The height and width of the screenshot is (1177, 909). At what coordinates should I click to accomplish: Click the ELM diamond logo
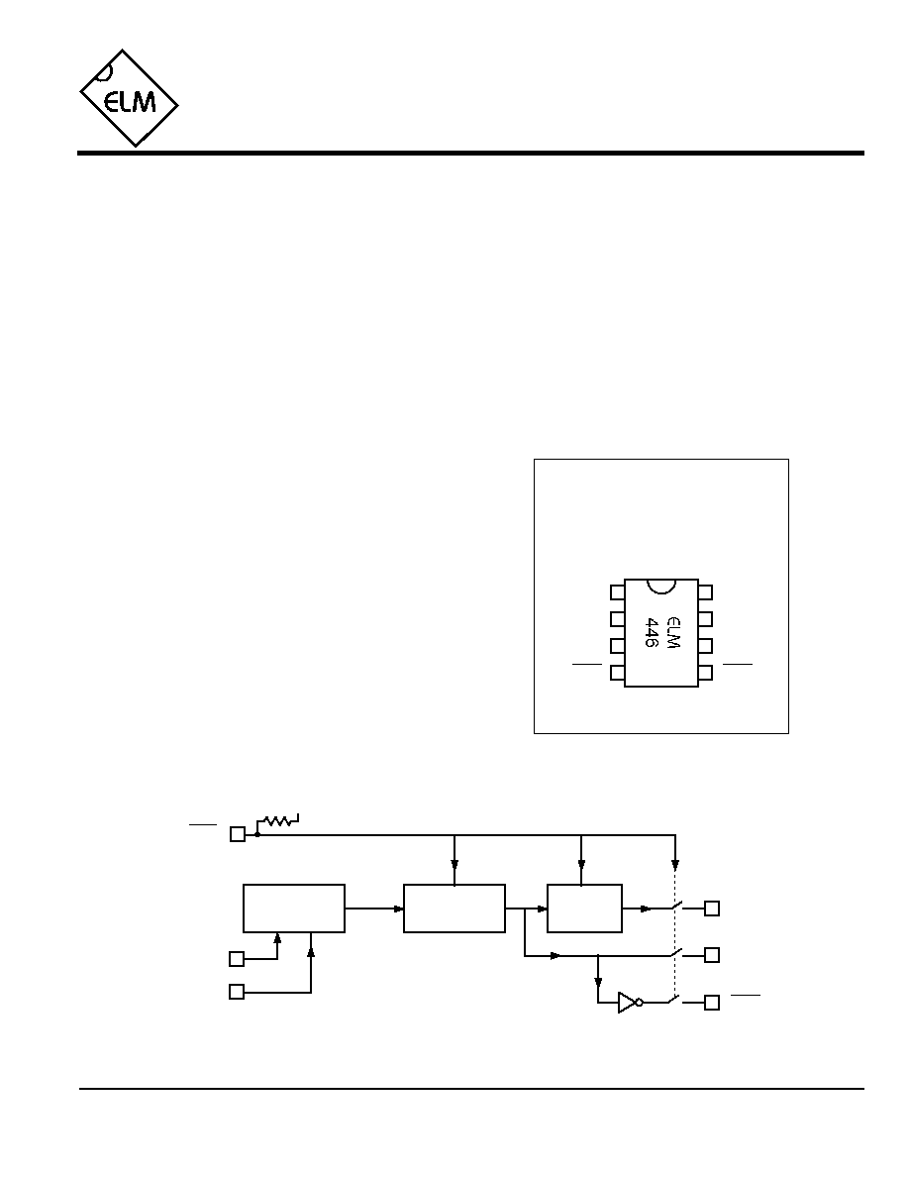point(129,98)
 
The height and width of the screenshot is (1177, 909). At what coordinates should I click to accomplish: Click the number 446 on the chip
point(651,633)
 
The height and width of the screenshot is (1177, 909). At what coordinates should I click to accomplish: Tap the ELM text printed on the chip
point(672,633)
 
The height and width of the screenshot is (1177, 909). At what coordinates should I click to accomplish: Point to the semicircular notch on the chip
point(661,588)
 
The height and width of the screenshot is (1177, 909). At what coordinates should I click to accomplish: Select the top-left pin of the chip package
point(617,592)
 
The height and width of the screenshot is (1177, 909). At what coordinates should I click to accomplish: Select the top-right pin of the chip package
point(705,592)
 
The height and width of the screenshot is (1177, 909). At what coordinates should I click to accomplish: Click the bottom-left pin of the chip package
point(617,674)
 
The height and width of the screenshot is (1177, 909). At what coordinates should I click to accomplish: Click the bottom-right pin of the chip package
point(705,674)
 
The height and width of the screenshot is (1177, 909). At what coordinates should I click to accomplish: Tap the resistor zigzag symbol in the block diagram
point(277,821)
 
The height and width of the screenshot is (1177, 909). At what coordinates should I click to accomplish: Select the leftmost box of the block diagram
point(294,909)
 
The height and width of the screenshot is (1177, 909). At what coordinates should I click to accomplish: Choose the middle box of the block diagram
point(454,909)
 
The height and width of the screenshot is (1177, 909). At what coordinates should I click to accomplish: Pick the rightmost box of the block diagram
point(584,909)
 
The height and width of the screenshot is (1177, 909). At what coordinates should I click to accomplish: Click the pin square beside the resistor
point(237,834)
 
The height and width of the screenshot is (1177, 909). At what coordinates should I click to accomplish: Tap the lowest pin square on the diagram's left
point(237,993)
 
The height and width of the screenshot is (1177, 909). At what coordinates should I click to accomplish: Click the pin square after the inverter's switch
point(712,1002)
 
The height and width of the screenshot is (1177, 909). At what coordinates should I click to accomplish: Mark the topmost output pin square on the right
point(712,909)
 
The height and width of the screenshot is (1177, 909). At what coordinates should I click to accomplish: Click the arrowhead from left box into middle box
point(398,909)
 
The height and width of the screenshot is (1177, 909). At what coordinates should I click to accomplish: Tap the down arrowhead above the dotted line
point(675,863)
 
